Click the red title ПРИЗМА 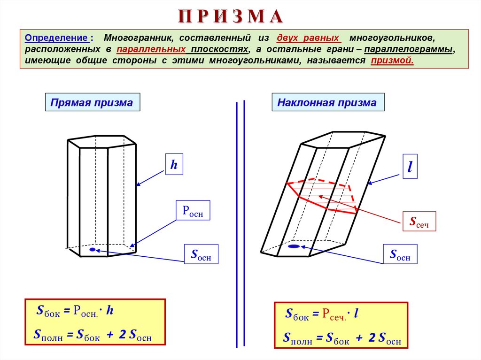(230, 16)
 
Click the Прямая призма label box (92, 102)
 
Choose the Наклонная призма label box (327, 102)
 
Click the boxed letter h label (174, 164)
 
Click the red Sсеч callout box (419, 221)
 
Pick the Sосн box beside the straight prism (201, 254)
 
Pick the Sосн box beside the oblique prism (400, 254)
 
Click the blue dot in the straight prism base (93, 250)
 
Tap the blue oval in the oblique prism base (294, 246)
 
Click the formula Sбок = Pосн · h (75, 311)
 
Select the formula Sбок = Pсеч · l (322, 314)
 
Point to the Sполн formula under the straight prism (93, 335)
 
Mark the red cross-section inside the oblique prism (323, 195)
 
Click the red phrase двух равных (309, 37)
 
